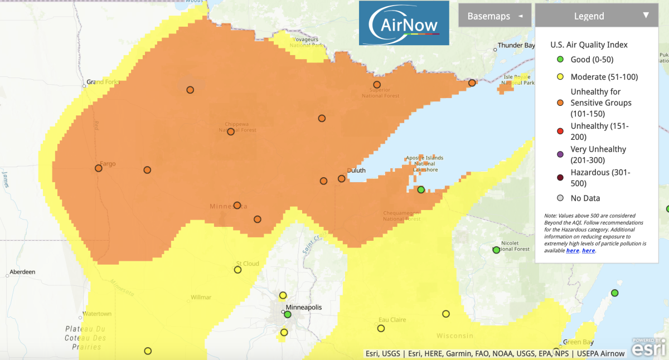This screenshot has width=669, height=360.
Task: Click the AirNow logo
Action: (x=403, y=23)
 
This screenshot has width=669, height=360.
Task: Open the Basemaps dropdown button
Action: (x=494, y=16)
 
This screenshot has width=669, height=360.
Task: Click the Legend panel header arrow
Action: (x=646, y=16)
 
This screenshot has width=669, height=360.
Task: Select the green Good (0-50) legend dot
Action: (x=560, y=60)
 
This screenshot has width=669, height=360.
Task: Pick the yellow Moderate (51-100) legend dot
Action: (x=560, y=77)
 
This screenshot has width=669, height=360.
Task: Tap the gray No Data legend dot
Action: (x=560, y=198)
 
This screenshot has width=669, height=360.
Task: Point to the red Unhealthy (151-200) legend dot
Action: (x=560, y=132)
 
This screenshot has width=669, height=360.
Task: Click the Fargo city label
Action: (x=107, y=165)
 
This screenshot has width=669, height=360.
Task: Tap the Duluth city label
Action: (x=356, y=171)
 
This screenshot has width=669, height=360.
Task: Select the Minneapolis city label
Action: (x=303, y=307)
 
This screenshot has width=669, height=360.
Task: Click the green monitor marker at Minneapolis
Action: (x=288, y=314)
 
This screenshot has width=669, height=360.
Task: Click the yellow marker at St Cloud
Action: (x=237, y=270)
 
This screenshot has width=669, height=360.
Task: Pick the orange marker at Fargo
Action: (x=98, y=168)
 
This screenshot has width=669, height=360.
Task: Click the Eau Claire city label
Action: (x=392, y=320)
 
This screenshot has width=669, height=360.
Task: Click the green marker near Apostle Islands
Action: (x=421, y=189)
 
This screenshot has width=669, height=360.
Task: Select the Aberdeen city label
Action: (x=22, y=272)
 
